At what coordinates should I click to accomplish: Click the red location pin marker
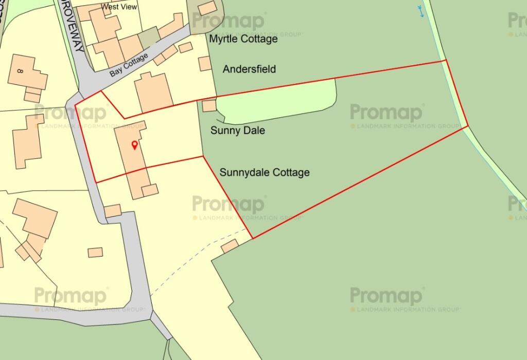coord(135,146)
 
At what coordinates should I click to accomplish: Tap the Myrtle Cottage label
coord(243,39)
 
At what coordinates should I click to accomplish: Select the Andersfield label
coord(249,69)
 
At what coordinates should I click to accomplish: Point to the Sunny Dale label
coord(238,131)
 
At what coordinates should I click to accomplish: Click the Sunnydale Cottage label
coord(265,172)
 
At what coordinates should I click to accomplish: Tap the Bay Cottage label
coord(128,65)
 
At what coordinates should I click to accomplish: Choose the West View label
coord(119,7)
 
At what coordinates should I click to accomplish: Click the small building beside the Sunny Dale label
coord(209,105)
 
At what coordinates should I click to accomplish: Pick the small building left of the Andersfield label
coord(205,64)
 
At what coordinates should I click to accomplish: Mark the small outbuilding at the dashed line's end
coord(230,246)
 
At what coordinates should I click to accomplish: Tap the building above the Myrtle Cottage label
coord(207,8)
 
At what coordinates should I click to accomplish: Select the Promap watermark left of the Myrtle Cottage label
coord(229,22)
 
